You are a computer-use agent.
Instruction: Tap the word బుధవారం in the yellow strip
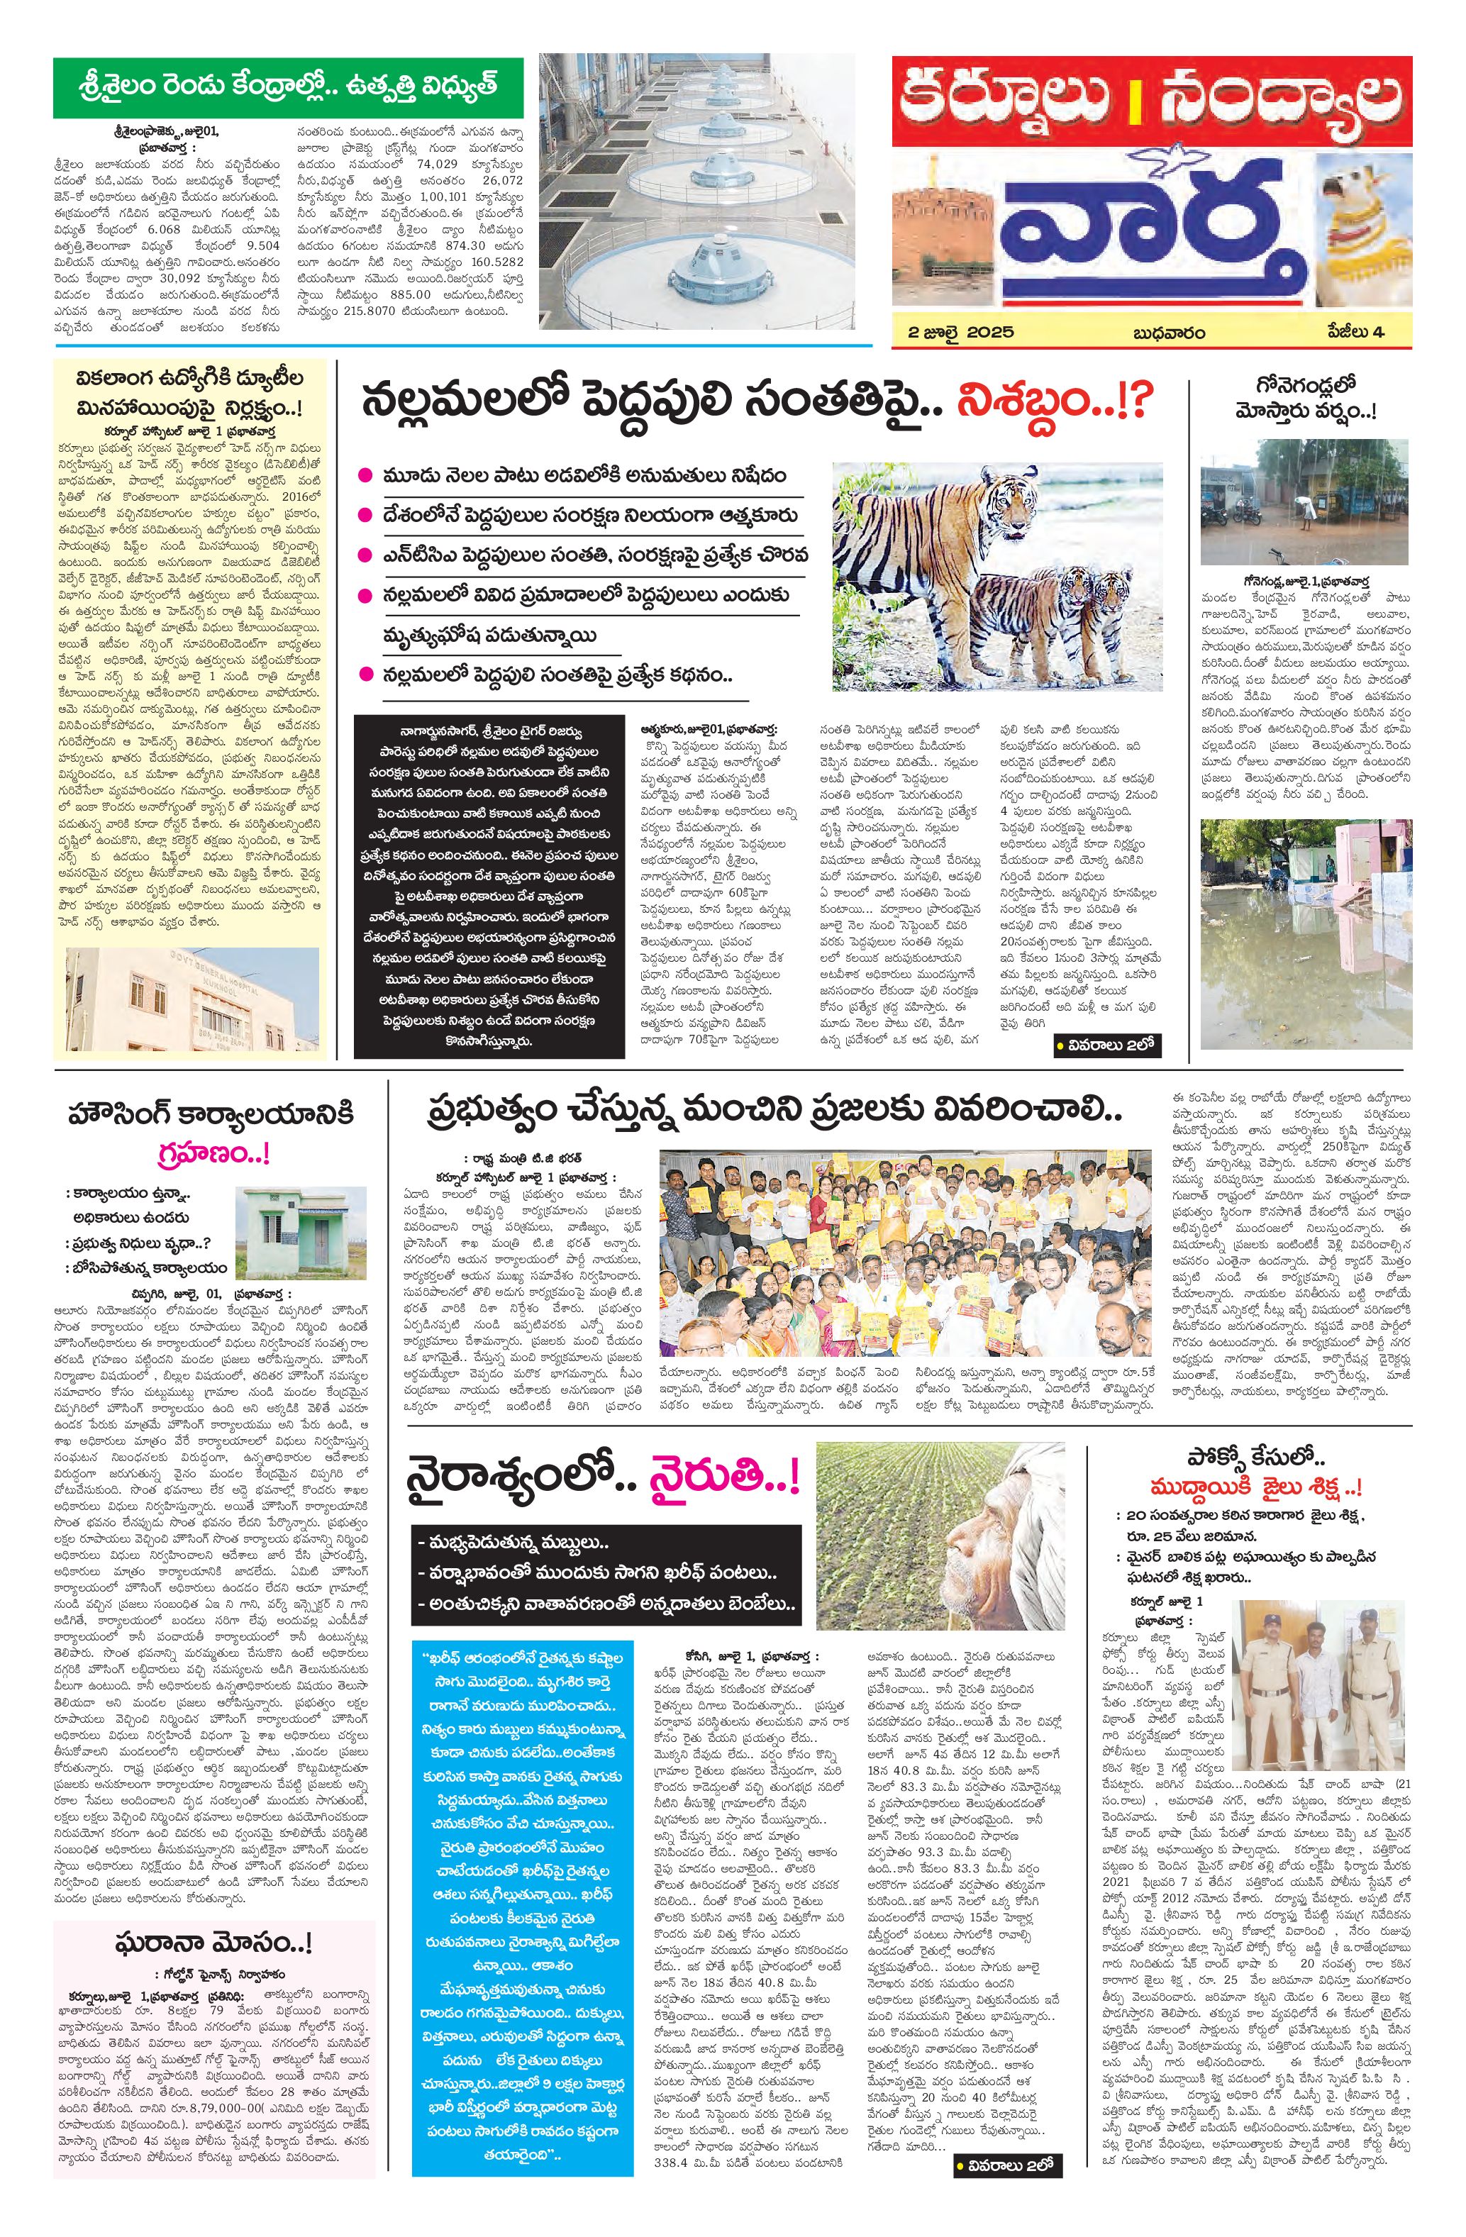[1169, 332]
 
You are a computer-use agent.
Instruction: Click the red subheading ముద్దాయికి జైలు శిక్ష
[1254, 1514]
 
